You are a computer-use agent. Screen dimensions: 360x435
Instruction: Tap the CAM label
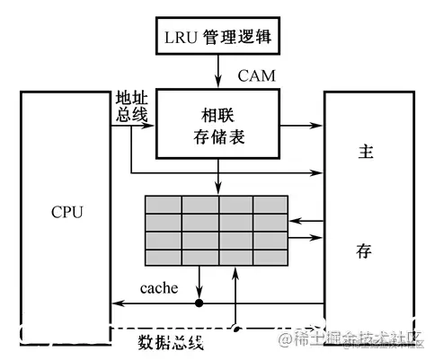pos(256,76)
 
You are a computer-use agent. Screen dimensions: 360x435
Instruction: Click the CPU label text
pos(67,213)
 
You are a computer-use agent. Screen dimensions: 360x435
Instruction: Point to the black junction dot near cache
pos(200,303)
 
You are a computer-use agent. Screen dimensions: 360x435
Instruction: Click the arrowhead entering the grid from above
pos(217,189)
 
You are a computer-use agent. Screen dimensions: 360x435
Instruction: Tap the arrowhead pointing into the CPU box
pos(115,303)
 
